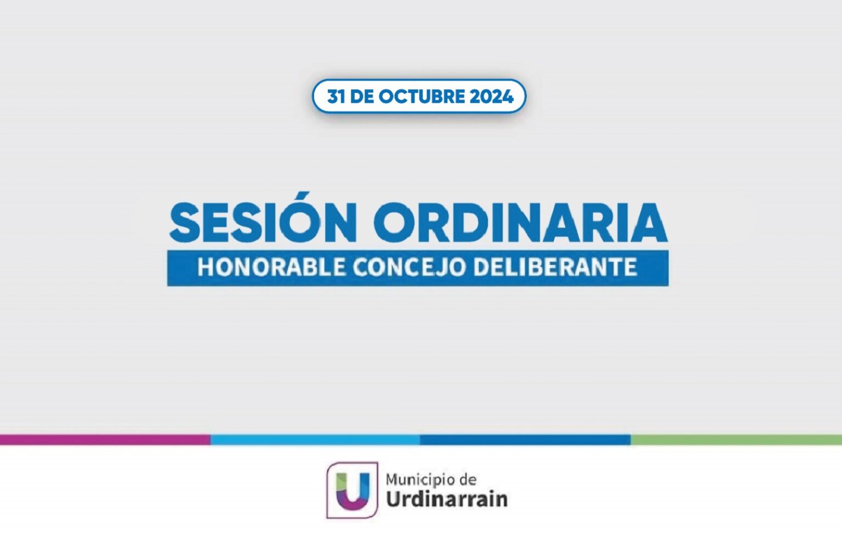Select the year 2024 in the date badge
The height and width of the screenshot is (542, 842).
[491, 96]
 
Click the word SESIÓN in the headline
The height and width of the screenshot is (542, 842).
[263, 220]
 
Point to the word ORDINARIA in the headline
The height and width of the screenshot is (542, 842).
[521, 222]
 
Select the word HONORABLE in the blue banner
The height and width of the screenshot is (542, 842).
[271, 267]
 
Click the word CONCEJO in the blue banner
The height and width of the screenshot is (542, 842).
[408, 267]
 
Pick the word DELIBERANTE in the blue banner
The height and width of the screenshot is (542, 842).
[555, 267]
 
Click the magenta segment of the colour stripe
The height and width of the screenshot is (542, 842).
[105, 440]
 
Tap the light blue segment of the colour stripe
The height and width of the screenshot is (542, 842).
[315, 440]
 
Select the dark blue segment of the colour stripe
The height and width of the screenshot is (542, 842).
[526, 440]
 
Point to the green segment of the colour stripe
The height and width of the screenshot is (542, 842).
[736, 440]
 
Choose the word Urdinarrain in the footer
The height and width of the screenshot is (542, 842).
[447, 499]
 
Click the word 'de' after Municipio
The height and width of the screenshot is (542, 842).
[468, 480]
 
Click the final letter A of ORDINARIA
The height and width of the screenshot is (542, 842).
[647, 222]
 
